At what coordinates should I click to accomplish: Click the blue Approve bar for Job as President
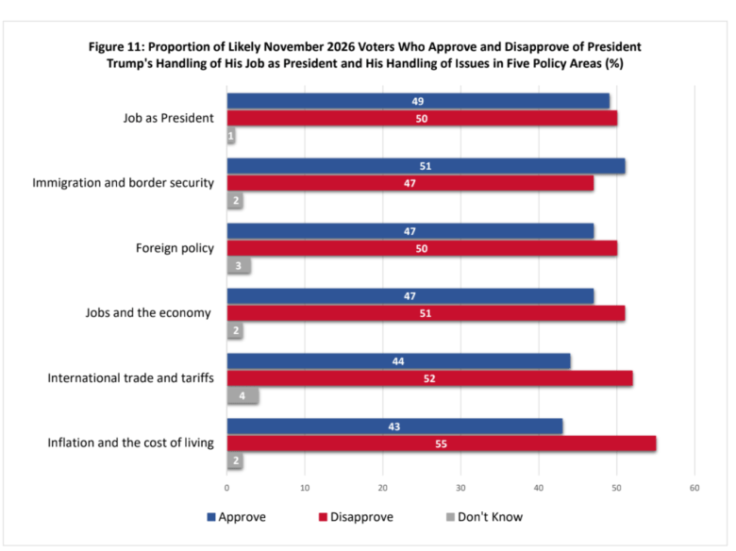(418, 101)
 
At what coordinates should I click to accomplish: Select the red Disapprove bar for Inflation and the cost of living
(442, 443)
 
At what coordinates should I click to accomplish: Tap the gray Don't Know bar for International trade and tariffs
(243, 396)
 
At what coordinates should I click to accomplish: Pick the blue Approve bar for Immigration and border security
(426, 166)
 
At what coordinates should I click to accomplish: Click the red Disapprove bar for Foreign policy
(422, 248)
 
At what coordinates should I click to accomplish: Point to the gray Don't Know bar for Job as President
(231, 136)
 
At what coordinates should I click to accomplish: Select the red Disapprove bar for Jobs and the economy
(426, 313)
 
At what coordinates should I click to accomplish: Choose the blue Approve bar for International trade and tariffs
(398, 361)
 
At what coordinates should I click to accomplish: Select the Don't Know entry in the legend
(484, 517)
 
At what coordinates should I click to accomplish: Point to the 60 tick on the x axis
(694, 488)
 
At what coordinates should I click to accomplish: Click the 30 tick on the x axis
(460, 488)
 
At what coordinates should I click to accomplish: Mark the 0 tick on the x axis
(227, 488)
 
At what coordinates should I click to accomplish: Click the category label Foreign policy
(176, 248)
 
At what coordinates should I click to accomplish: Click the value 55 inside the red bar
(442, 443)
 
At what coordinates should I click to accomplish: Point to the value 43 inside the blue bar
(394, 426)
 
